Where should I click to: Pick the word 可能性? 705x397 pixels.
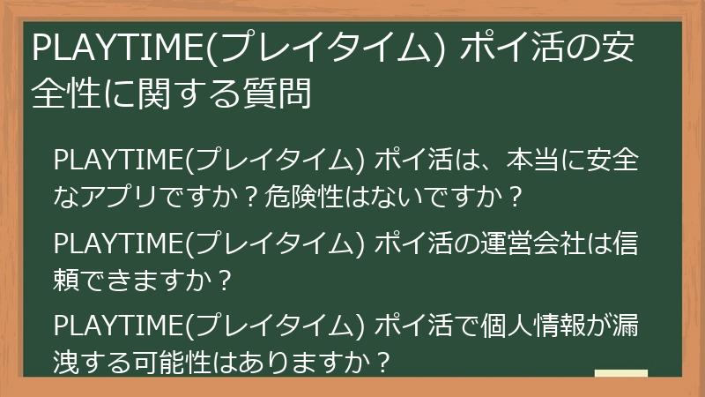coord(174,361)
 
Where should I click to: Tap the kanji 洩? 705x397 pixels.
coord(68,361)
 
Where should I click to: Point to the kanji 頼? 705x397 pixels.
coord(68,280)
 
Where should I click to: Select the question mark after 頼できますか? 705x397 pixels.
coord(223,280)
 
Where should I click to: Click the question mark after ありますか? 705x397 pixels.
coord(381,361)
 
